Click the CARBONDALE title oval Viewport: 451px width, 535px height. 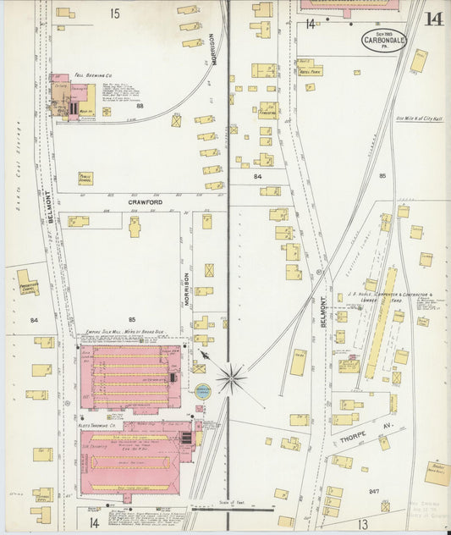(383, 40)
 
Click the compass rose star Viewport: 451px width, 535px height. (231, 377)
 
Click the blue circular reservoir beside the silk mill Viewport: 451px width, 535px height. (203, 392)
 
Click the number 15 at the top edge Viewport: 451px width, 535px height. (114, 14)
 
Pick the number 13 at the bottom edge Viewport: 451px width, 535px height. (361, 524)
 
